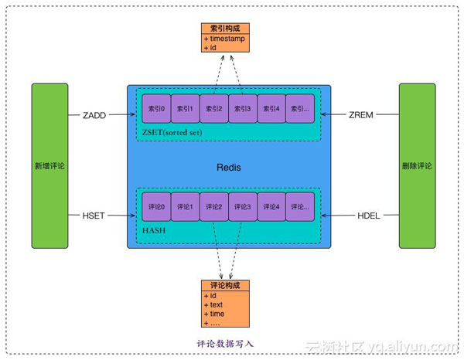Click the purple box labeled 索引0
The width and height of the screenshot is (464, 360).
point(156,109)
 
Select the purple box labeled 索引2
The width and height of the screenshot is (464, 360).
point(213,109)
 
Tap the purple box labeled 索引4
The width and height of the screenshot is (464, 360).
point(271,109)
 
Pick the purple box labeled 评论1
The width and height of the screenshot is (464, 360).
point(185,207)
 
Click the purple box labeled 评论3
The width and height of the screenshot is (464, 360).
point(242,207)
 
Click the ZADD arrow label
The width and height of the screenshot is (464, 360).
point(94,115)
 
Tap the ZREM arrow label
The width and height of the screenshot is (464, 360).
point(361,115)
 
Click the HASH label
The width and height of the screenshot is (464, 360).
point(154,230)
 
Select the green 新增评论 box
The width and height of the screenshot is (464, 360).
point(49,166)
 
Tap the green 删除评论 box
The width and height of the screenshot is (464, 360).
point(417,166)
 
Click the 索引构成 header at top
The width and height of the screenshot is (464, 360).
point(225,28)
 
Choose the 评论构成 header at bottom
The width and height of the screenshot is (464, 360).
point(225,285)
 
